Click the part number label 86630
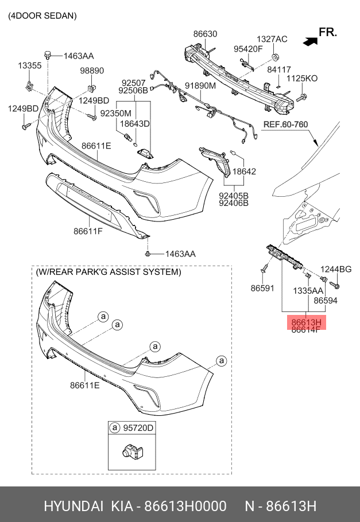tap(205, 34)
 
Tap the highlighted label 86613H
tap(305, 322)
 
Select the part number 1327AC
tap(272, 39)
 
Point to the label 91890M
tap(200, 86)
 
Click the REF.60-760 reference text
tap(285, 124)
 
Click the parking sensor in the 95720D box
tap(129, 451)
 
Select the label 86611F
tap(88, 231)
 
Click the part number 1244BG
tap(336, 269)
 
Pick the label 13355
tap(29, 66)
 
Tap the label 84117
tap(279, 69)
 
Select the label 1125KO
tap(302, 78)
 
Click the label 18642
tap(244, 171)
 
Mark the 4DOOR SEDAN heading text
tap(42, 16)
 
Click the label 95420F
tap(248, 49)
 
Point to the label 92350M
tap(115, 114)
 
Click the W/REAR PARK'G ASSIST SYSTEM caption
tap(109, 271)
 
